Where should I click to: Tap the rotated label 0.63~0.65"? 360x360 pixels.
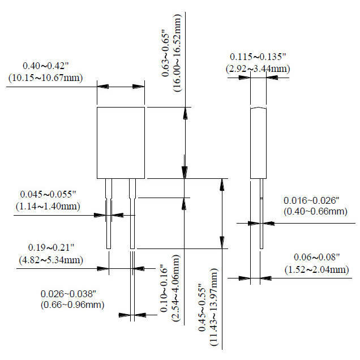[164, 54]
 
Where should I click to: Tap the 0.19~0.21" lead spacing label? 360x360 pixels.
[52, 248]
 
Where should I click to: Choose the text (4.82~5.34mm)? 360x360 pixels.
[52, 260]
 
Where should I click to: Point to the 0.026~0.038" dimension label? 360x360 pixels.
[72, 294]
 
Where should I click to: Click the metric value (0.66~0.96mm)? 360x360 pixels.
[72, 305]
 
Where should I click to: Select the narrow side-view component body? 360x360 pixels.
[259, 142]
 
